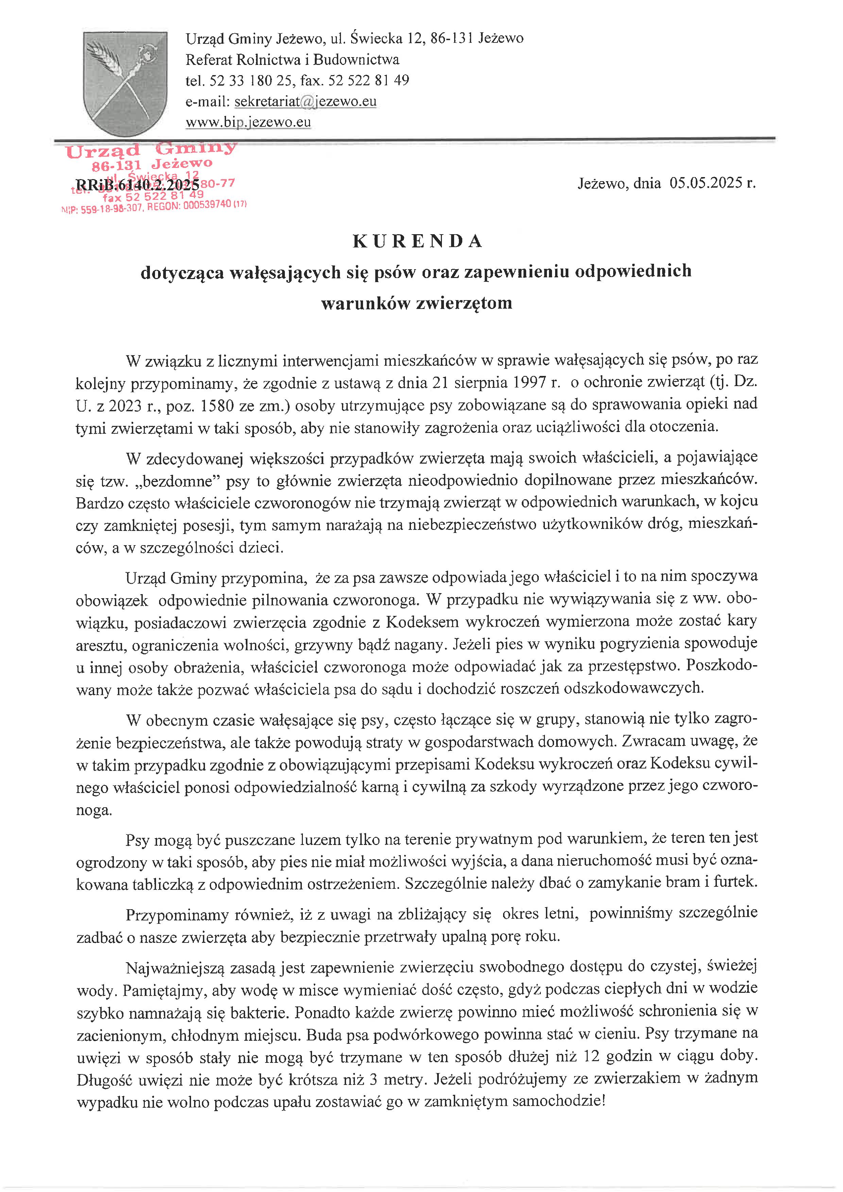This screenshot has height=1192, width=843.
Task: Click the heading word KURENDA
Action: pos(417,241)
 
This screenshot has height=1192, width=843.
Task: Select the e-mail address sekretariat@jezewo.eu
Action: pos(305,101)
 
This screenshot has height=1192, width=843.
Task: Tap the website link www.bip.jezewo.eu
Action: pos(248,122)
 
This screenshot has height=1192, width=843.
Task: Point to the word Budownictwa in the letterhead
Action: pos(356,60)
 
